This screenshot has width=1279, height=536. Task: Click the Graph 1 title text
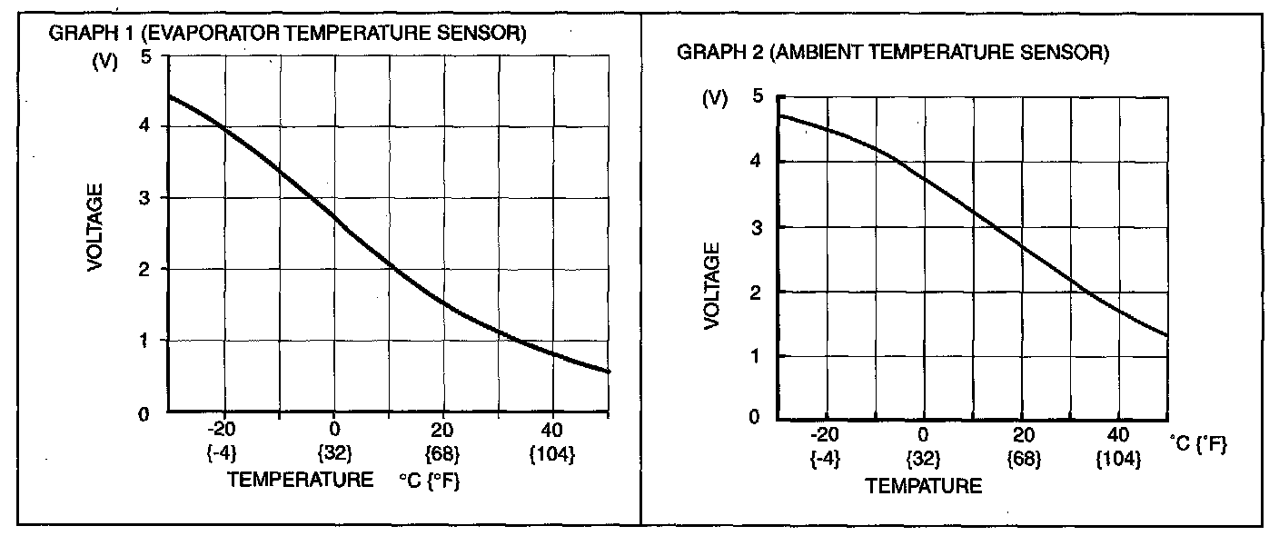coord(286,35)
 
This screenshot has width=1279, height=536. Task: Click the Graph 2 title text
coord(893,54)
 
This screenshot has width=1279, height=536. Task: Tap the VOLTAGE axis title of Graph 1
coord(95,227)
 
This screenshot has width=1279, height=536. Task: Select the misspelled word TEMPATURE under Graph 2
coord(924,486)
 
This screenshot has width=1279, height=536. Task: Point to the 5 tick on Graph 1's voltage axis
coord(146,56)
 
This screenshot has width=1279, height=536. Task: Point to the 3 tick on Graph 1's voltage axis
coord(146,198)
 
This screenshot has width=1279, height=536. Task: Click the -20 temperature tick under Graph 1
coord(222,430)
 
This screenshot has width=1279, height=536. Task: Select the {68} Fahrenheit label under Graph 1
coord(443,452)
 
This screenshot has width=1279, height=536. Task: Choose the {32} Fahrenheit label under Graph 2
coord(924,459)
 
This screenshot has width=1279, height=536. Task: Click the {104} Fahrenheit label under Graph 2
coord(1118,459)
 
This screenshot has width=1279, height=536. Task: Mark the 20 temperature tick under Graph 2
coord(1022,435)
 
